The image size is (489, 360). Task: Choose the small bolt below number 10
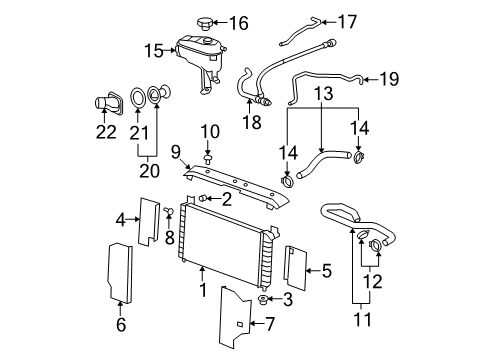click(207, 159)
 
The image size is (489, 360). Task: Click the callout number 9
click(174, 153)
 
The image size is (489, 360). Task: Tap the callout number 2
click(227, 200)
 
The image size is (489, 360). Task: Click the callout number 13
click(326, 94)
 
